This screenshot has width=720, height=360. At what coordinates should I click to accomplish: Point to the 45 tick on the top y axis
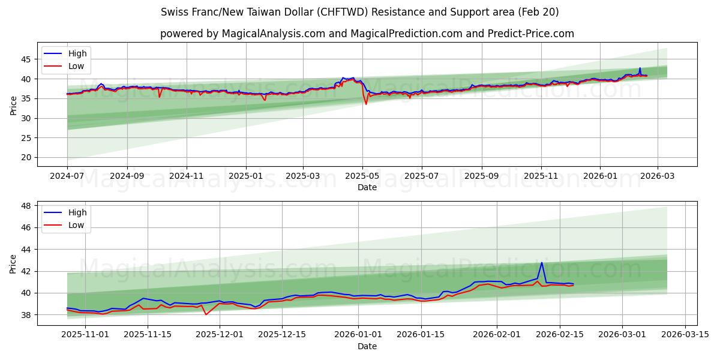pyautogui.click(x=25, y=59)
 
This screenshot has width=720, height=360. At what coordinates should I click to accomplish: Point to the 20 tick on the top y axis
pyautogui.click(x=25, y=158)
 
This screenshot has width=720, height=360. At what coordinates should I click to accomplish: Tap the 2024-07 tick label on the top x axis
pyautogui.click(x=67, y=176)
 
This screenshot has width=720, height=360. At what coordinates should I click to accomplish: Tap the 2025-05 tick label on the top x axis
pyautogui.click(x=362, y=176)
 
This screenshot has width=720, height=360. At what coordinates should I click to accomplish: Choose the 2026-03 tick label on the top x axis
pyautogui.click(x=658, y=176)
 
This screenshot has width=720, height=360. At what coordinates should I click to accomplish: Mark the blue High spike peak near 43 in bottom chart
pyautogui.click(x=542, y=262)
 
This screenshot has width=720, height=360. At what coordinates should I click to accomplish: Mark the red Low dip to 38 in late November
pyautogui.click(x=206, y=314)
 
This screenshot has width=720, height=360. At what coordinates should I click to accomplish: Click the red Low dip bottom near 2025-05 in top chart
pyautogui.click(x=366, y=104)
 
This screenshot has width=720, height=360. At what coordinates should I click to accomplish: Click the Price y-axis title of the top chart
pyautogui.click(x=13, y=104)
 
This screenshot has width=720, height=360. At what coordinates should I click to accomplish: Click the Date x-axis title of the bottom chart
pyautogui.click(x=367, y=346)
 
